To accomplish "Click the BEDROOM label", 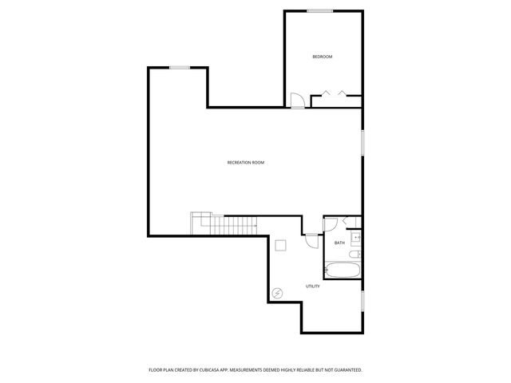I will pos(322,57).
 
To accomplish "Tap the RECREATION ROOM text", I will pos(246,163).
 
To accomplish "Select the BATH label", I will pos(339,243).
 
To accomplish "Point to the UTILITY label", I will pos(313,286).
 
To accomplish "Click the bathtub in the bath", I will pos(342,270).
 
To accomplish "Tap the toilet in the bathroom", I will pos(355,255).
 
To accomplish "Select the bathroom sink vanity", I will pos(357,236).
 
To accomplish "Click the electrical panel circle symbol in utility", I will pos(277,293).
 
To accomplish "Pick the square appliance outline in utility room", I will pos(280,245).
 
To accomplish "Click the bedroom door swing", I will pos(296,101).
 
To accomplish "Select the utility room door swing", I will pos(310,240).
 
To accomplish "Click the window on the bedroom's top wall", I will pos(320,10).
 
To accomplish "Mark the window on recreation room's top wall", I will pos(179,68).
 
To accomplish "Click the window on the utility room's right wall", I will pos(362,301).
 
